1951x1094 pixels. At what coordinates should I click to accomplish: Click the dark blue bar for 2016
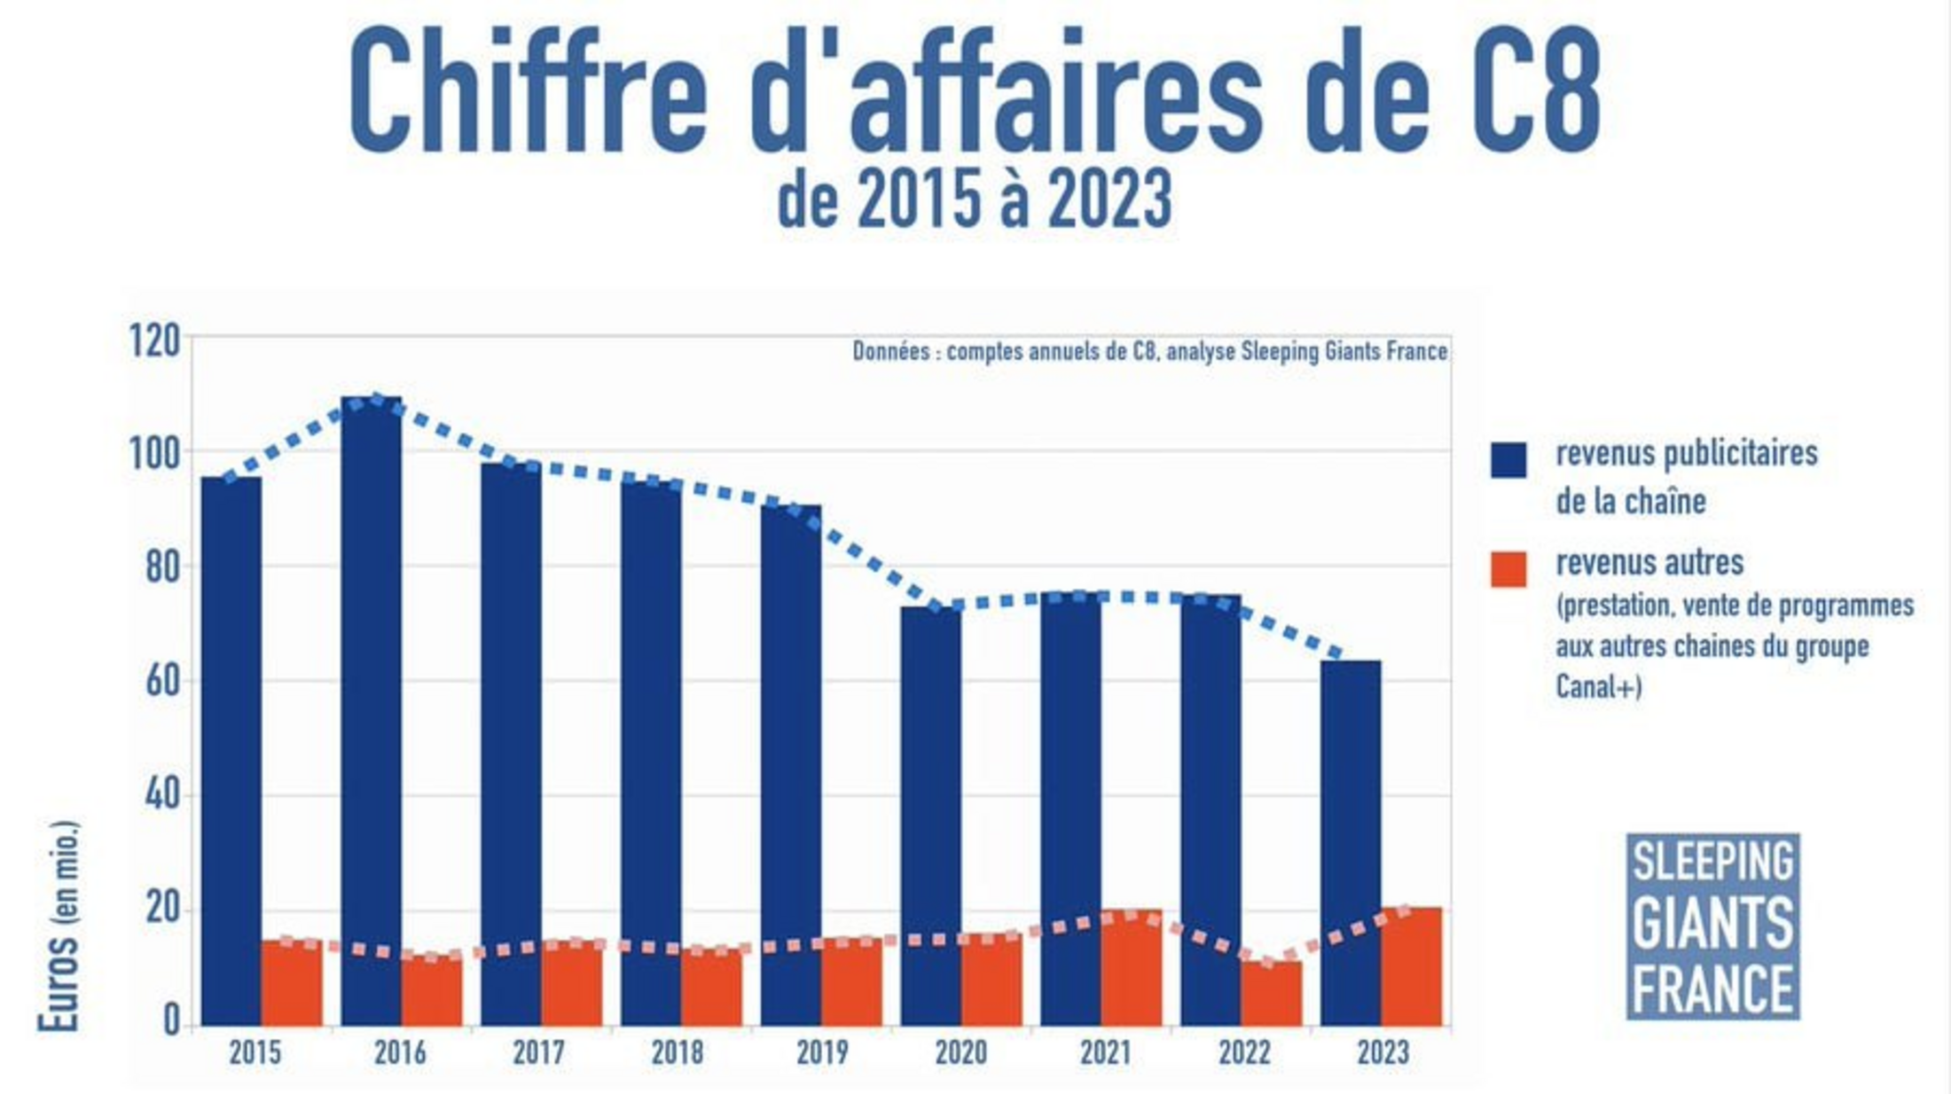tap(371, 709)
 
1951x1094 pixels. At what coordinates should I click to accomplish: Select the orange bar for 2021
tap(1132, 968)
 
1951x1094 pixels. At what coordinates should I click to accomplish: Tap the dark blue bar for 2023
tap(1350, 842)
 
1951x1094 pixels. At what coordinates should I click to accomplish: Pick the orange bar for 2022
tap(1272, 993)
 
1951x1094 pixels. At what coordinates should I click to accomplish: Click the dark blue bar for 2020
tap(930, 816)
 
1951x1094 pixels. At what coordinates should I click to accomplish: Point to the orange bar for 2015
tap(292, 982)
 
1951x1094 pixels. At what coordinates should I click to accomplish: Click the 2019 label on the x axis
tap(822, 1053)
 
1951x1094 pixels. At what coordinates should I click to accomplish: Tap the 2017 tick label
tap(538, 1053)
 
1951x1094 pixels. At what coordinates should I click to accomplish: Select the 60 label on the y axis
tap(162, 682)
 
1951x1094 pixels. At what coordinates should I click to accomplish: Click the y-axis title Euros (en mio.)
tap(59, 926)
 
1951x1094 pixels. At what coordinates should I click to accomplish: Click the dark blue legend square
tap(1508, 460)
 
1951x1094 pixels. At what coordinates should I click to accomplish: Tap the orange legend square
tap(1508, 569)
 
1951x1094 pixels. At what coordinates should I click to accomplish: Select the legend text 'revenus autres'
tap(1649, 563)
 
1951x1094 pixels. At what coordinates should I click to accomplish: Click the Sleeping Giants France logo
tap(1712, 926)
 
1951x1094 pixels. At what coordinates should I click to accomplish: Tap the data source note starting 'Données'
tap(1149, 352)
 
